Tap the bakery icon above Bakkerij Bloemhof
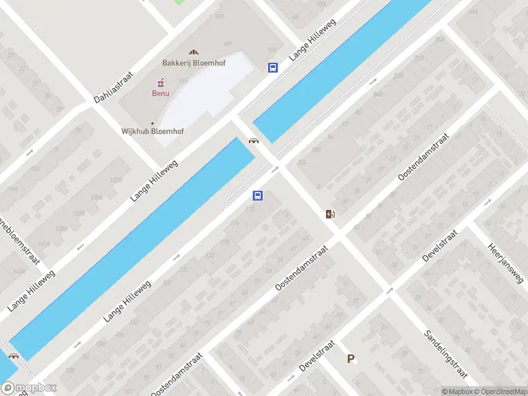pyautogui.click(x=193, y=52)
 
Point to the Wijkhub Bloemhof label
pyautogui.click(x=152, y=131)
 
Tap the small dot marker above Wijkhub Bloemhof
pyautogui.click(x=152, y=123)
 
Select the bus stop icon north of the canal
pyautogui.click(x=273, y=67)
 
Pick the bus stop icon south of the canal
pyautogui.click(x=257, y=195)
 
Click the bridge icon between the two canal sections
pyautogui.click(x=253, y=140)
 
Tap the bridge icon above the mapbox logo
pyautogui.click(x=13, y=356)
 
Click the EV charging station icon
pyautogui.click(x=330, y=214)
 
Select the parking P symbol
pyautogui.click(x=351, y=359)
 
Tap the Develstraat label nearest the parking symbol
pyautogui.click(x=317, y=356)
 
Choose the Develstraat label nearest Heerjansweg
pyautogui.click(x=440, y=246)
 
